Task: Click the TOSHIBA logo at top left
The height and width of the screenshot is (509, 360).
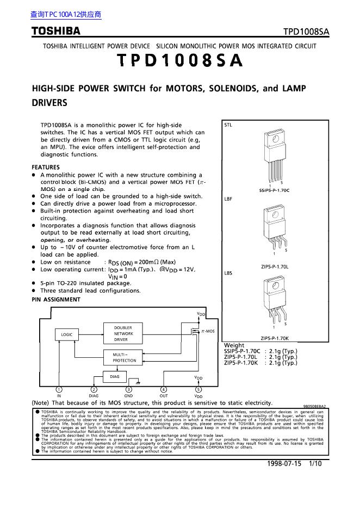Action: pos(55,31)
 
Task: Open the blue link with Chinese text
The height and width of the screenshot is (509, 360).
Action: pos(66,15)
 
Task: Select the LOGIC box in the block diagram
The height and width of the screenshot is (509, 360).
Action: pos(66,335)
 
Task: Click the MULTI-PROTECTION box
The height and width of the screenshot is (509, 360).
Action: pos(125,357)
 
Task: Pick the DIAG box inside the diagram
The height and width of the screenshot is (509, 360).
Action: pos(115,376)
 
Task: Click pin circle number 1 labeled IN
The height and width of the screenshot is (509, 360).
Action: pos(59,389)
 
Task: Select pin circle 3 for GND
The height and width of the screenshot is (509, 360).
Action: pos(129,389)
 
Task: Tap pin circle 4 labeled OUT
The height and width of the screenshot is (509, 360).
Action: pos(164,389)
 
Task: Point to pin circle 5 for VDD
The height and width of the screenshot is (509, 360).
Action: pos(198,389)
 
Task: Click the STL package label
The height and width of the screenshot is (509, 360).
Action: pos(228,125)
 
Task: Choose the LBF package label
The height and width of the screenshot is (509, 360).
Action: pos(228,199)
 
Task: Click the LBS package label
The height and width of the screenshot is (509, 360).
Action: pos(228,273)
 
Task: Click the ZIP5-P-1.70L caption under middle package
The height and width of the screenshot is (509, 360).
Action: pos(274,267)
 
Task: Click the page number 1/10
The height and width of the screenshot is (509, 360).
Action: pos(315,463)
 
